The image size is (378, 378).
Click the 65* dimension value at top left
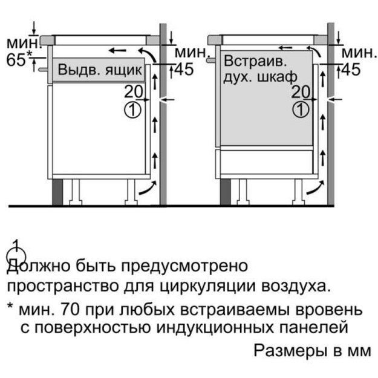pyautogui.click(x=19, y=59)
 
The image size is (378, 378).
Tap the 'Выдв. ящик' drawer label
pyautogui.click(x=100, y=70)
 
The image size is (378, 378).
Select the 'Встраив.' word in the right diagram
pyautogui.click(x=256, y=61)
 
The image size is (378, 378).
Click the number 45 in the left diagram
pyautogui.click(x=184, y=69)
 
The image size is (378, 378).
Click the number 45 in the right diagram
pyautogui.click(x=351, y=70)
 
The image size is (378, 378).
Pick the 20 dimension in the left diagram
pyautogui.click(x=133, y=92)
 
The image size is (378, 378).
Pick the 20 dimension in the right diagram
pyautogui.click(x=301, y=92)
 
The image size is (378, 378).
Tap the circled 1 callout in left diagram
pyautogui.click(x=132, y=110)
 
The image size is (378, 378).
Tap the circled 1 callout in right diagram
pyautogui.click(x=301, y=110)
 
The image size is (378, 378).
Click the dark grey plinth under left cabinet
pyautogui.click(x=57, y=192)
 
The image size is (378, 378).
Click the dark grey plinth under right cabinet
pyautogui.click(x=225, y=192)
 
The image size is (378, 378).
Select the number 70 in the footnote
pyautogui.click(x=70, y=309)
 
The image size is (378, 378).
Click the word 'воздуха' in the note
pyautogui.click(x=296, y=287)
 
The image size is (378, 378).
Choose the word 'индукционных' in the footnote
pyautogui.click(x=215, y=328)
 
